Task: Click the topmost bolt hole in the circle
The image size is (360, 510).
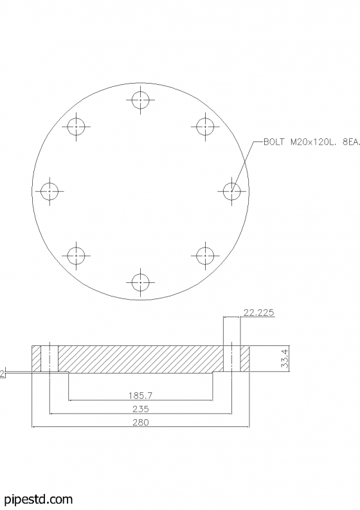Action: coord(141,100)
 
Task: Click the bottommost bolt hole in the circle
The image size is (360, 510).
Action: coord(141,282)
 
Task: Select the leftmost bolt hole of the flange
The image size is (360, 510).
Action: coord(50,191)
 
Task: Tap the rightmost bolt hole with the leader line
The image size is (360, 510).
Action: coord(231,191)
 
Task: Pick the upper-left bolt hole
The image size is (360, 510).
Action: coord(76,127)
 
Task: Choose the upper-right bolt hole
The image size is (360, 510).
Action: coord(205,127)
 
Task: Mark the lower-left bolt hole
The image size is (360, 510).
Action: coord(76,255)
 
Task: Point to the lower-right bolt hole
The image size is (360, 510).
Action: coord(205,255)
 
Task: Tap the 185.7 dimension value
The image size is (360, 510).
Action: coord(140,395)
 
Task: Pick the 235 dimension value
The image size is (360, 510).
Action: coord(140,408)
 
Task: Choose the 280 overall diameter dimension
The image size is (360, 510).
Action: coord(140,423)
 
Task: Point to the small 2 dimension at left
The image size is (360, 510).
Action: coord(3,373)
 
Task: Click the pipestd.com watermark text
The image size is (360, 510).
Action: coord(38,499)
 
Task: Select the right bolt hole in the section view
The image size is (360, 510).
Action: coord(232,358)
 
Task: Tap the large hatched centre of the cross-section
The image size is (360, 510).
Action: coord(140,358)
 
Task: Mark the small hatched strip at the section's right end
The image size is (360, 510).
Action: coord(245,358)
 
